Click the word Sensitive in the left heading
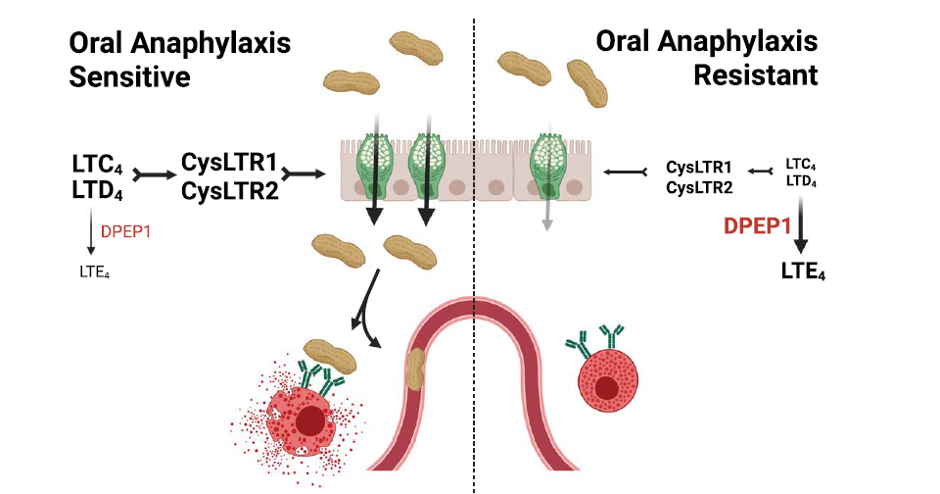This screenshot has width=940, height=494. click(129, 76)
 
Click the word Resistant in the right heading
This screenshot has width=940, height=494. click(756, 75)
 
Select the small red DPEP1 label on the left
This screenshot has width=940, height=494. click(125, 231)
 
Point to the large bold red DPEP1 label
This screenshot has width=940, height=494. click(757, 225)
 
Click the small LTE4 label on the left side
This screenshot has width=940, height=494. click(95, 272)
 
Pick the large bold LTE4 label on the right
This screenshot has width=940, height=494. click(803, 272)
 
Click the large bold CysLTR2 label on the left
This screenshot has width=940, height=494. click(229, 191)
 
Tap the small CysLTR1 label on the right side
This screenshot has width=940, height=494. click(699, 168)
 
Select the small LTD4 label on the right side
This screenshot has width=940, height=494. click(801, 180)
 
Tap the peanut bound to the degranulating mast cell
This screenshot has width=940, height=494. click(330, 356)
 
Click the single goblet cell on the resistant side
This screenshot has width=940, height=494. click(548, 167)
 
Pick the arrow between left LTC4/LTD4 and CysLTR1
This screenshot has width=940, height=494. click(155, 174)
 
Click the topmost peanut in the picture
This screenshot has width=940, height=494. click(416, 49)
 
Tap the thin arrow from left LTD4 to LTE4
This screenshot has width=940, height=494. click(91, 230)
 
